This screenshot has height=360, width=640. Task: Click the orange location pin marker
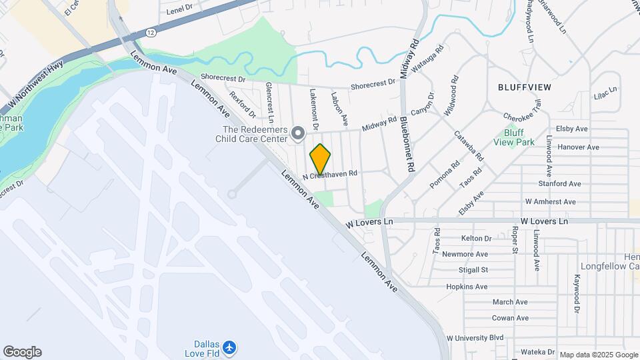[321, 159]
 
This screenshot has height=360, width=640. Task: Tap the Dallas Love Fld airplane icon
[230, 347]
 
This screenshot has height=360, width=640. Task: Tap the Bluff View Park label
[514, 137]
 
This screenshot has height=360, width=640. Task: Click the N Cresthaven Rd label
[330, 175]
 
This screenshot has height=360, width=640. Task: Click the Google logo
[22, 352]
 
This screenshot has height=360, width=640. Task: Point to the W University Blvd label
[475, 338]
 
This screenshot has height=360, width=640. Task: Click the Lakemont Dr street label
[313, 109]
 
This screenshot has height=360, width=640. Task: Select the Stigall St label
[475, 270]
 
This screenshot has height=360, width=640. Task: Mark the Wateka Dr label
[539, 351]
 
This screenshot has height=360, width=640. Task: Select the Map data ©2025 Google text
[598, 355]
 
